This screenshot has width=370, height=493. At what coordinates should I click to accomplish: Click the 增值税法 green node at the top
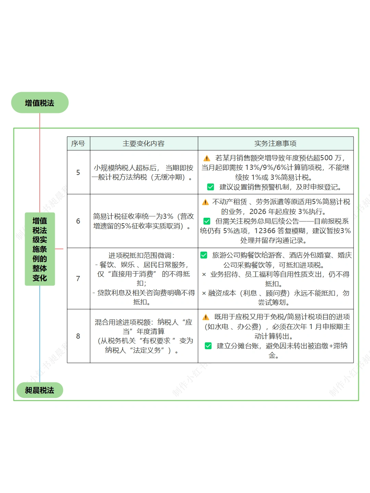[40, 103]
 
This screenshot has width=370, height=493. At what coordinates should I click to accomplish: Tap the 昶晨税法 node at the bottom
[40, 390]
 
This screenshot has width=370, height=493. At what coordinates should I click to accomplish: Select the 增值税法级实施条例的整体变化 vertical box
[40, 249]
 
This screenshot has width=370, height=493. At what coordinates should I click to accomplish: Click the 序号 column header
[78, 143]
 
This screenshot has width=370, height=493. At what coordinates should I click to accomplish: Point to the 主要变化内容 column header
[144, 143]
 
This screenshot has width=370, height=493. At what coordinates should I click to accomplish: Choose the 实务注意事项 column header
[275, 143]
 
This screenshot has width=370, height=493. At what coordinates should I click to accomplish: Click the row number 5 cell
[78, 172]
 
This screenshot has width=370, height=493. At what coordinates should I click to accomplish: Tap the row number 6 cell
[78, 221]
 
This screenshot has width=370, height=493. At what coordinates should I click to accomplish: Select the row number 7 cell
[78, 278]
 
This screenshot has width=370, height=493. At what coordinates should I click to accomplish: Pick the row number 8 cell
[78, 336]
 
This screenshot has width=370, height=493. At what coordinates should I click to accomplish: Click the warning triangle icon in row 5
[207, 158]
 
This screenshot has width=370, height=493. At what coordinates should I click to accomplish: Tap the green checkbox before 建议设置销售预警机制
[210, 187]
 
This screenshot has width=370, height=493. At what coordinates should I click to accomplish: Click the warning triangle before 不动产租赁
[205, 202]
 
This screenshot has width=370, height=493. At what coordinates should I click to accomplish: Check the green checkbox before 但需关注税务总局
[207, 221]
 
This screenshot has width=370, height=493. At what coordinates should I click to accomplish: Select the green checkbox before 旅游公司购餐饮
[204, 255]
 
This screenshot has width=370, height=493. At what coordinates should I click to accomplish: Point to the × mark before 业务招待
[204, 275]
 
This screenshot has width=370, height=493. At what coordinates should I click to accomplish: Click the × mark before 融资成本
[204, 293]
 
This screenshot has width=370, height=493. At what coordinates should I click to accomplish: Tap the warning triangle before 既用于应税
[206, 317]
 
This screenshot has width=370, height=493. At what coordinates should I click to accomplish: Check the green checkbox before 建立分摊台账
[208, 346]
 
